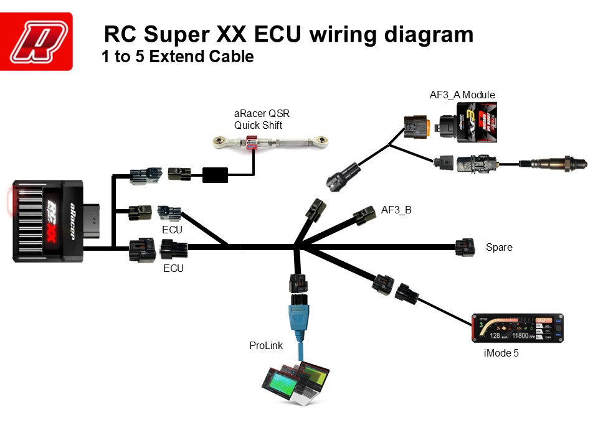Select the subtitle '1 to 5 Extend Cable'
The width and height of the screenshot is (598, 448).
(178, 57)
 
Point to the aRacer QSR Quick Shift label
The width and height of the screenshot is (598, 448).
(262, 119)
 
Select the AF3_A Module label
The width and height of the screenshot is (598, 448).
(462, 95)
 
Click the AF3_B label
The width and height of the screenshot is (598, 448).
(396, 210)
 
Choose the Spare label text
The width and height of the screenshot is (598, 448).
(499, 248)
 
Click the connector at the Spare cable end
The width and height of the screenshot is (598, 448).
(465, 247)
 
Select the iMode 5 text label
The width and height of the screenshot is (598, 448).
(501, 353)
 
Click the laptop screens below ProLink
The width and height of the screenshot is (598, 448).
(295, 383)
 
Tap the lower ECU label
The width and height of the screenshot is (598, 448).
(173, 269)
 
